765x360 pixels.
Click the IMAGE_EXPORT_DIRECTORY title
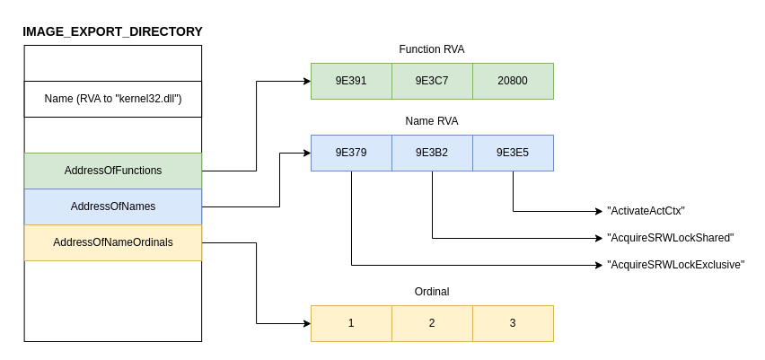click(x=112, y=31)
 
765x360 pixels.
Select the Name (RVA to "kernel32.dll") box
click(x=113, y=99)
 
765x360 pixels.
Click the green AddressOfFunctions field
click(x=113, y=171)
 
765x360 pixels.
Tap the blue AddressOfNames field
click(x=113, y=206)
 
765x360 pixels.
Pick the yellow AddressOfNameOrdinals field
click(x=113, y=242)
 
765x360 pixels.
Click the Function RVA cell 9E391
click(x=351, y=81)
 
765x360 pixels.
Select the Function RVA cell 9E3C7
click(x=432, y=81)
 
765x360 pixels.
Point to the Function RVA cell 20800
click(x=513, y=81)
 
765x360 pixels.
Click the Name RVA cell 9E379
click(x=351, y=153)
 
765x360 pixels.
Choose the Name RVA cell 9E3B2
click(x=432, y=153)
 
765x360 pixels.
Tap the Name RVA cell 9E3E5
click(x=513, y=153)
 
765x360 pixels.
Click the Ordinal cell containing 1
click(x=351, y=323)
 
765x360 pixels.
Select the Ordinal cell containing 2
click(x=432, y=323)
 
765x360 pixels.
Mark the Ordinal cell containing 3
click(x=513, y=323)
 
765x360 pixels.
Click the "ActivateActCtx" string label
click(x=646, y=211)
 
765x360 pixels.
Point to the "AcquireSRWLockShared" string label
click(x=670, y=238)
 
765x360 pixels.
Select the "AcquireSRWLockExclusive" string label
click(x=675, y=265)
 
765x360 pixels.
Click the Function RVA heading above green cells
click(x=432, y=49)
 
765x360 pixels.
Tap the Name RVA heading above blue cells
click(x=432, y=121)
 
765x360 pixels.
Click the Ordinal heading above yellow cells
click(x=432, y=292)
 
